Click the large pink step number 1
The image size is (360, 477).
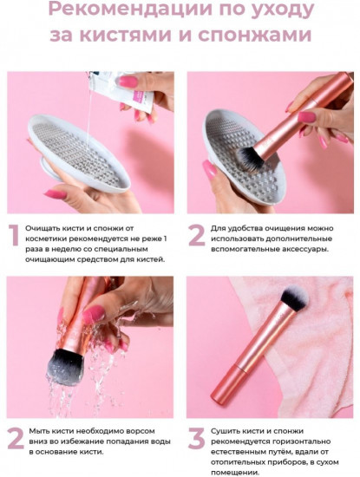point(13,235)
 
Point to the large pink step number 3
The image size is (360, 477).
point(197,438)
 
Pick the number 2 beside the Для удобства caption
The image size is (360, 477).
point(197,235)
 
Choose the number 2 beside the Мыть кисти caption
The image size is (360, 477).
point(16,438)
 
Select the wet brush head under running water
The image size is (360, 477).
point(65,367)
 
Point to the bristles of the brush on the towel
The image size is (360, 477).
point(294,299)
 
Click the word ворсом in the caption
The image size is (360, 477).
point(141,431)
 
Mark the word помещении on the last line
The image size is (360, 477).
point(235,473)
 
